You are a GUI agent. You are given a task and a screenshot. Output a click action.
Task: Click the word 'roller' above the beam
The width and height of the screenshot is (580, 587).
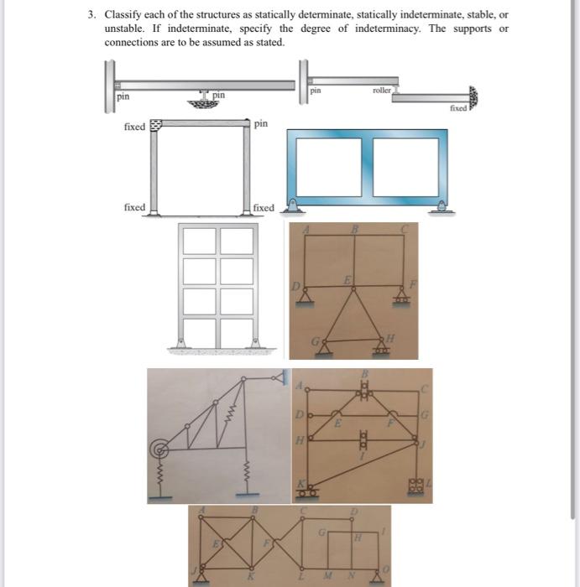coord(382,88)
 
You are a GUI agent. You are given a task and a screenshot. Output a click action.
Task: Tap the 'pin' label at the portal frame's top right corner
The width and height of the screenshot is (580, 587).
coord(261,123)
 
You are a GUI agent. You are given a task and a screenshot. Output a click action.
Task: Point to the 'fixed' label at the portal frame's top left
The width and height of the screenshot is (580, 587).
coord(134,127)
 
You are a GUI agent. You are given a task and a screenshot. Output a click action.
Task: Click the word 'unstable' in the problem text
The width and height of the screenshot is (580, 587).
coord(122,29)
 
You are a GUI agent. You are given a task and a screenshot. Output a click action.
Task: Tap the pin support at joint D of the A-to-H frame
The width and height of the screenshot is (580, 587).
coord(302,294)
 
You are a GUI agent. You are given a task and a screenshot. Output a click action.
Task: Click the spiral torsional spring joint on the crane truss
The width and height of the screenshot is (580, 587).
coord(158,451)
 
